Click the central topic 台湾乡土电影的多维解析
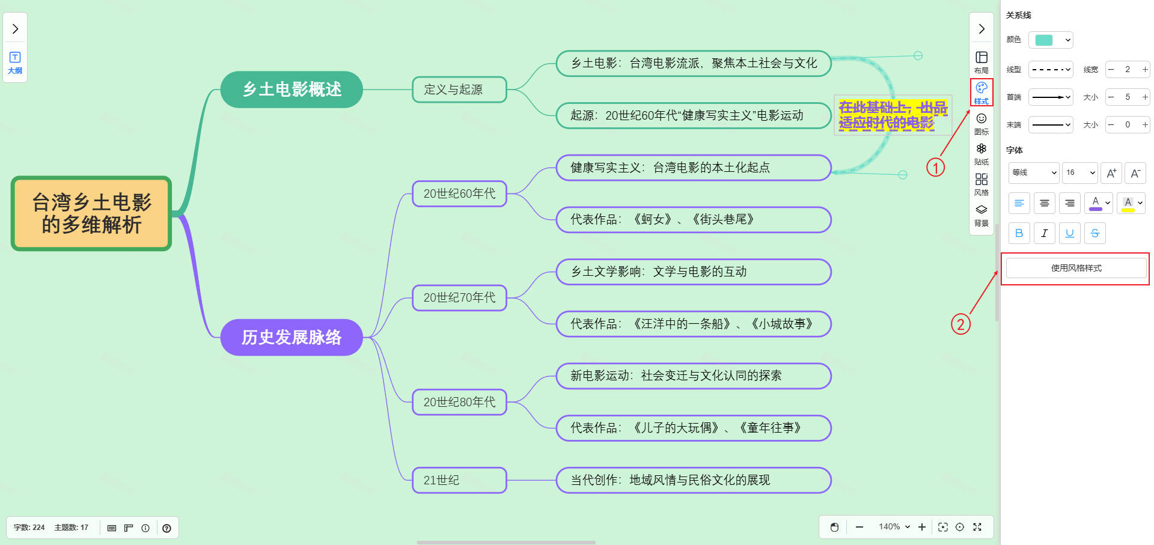91,213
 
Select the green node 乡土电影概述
292,90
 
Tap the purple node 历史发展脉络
292,337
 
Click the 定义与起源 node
459,90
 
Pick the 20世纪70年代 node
459,297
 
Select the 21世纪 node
459,480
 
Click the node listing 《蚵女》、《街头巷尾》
693,219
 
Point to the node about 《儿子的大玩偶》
693,428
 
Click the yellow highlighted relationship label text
893,115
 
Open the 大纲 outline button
15,62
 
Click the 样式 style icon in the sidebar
982,93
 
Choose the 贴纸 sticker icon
982,154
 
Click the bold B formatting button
1019,233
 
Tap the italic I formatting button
1045,233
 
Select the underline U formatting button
1070,233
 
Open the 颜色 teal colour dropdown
1051,40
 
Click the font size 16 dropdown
1079,172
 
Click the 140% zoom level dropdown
894,527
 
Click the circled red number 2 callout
960,324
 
